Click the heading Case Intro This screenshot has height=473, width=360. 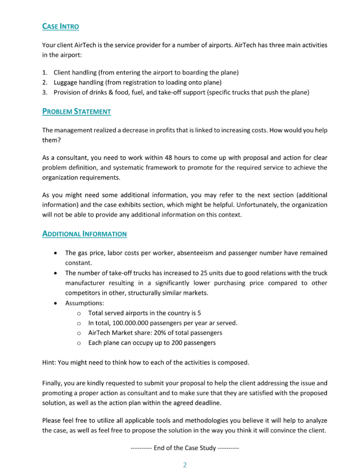(x=61, y=26)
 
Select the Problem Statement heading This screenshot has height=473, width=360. (x=76, y=111)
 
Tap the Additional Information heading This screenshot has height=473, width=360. (x=84, y=234)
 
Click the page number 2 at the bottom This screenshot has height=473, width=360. (x=184, y=465)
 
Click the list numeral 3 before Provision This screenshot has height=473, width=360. (x=44, y=92)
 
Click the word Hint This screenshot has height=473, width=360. (x=49, y=363)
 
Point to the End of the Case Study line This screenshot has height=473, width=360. (x=184, y=448)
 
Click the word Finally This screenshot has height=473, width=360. (x=53, y=383)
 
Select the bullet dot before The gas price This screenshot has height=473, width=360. (x=55, y=253)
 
